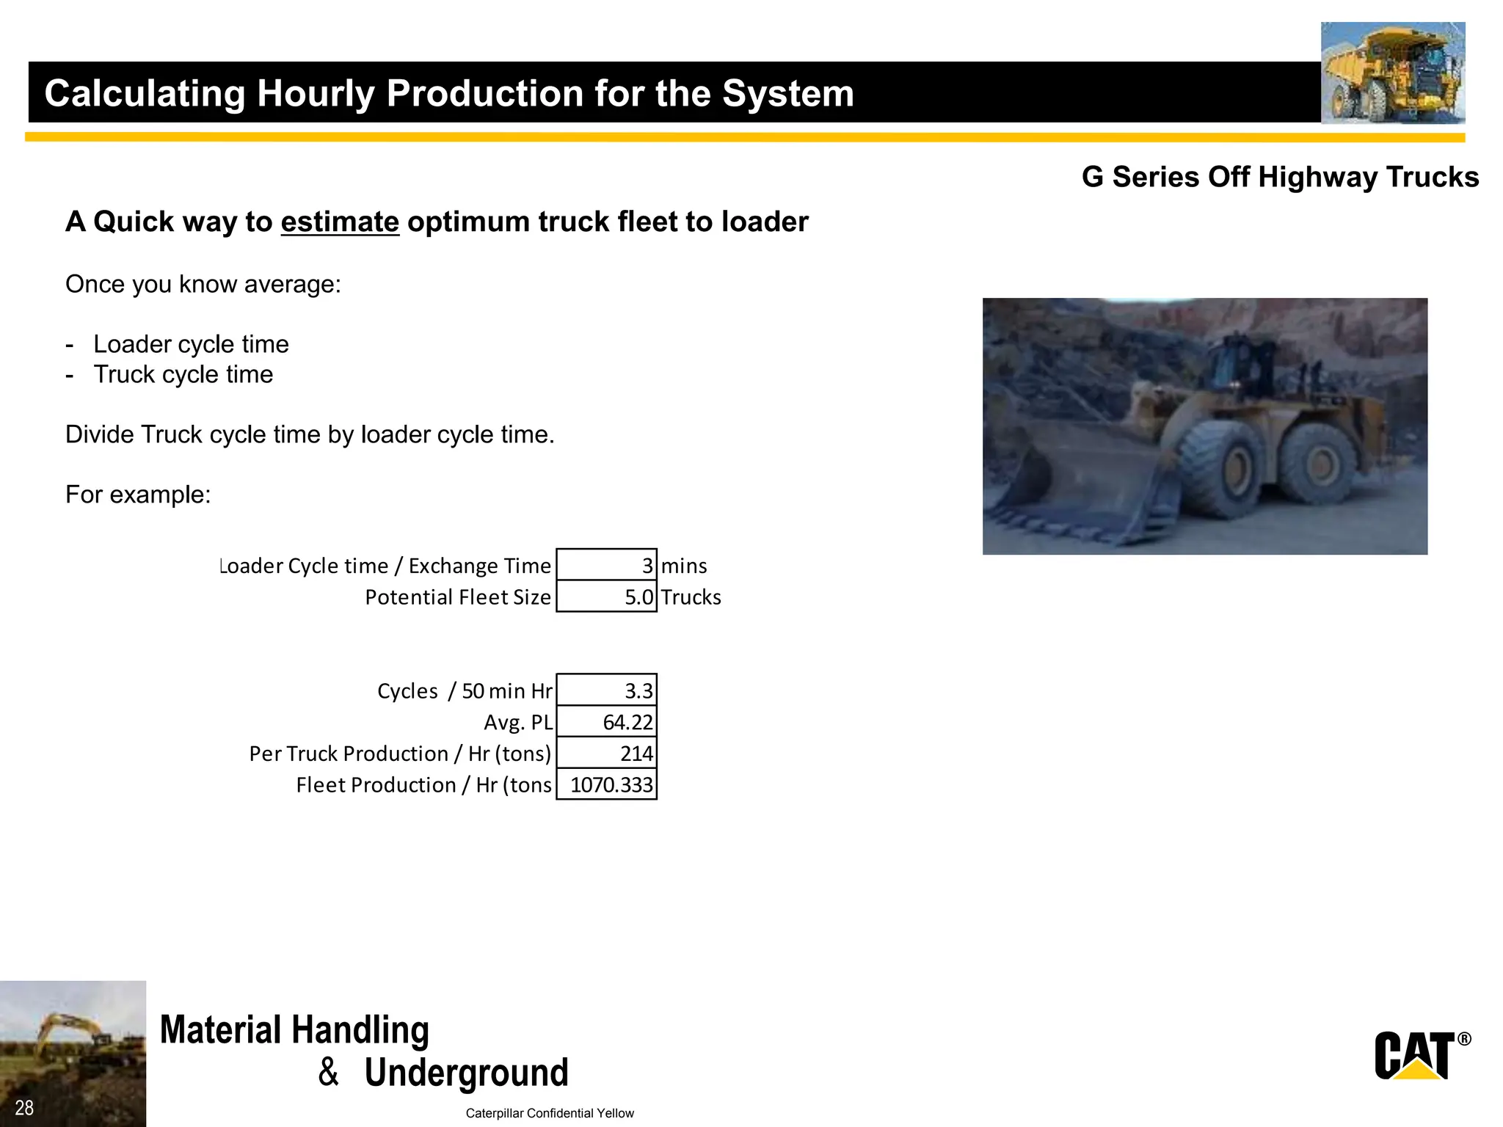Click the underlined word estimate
point(340,222)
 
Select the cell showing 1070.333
point(607,784)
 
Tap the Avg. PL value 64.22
point(607,722)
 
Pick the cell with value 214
point(607,754)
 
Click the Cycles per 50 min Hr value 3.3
point(607,690)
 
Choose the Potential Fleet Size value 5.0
point(607,597)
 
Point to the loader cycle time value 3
point(607,565)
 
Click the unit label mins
point(684,566)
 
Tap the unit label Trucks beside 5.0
point(691,597)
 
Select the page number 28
point(24,1108)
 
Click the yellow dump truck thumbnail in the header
point(1392,73)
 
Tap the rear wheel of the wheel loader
point(1321,462)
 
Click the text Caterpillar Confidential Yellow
point(550,1113)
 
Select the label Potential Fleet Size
point(458,597)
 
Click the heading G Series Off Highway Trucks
point(1280,177)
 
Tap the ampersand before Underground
point(328,1072)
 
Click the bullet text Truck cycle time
point(183,374)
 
